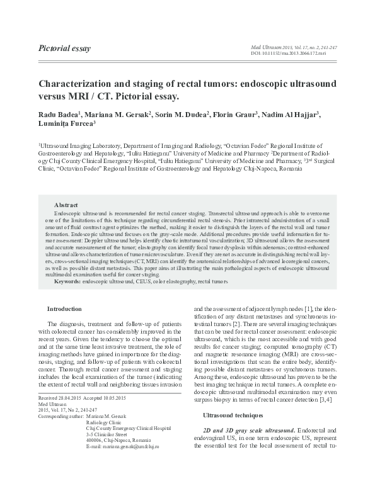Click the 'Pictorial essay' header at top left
65,48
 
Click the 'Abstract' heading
66,205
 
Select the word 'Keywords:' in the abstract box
67,282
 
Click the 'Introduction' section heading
65,308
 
